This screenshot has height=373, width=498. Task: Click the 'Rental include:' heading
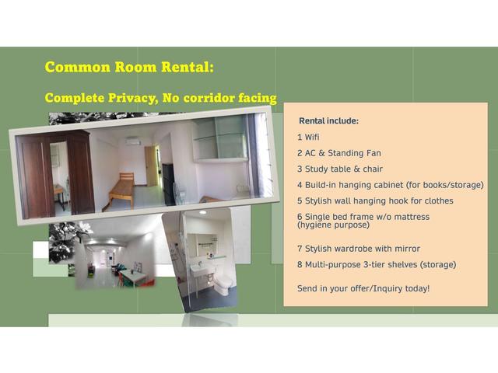[328, 121]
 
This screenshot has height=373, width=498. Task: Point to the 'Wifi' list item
[312, 138]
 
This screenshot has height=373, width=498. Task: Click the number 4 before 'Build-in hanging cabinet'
[300, 185]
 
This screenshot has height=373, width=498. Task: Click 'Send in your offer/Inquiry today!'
[363, 288]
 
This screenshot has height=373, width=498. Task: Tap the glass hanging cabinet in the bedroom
[219, 141]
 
